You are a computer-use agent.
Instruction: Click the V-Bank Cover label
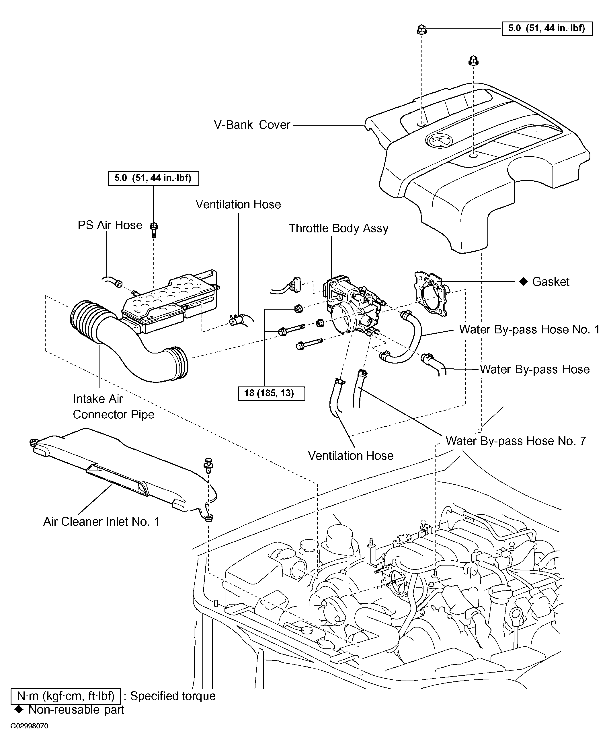(x=252, y=125)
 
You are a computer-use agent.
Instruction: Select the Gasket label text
(x=551, y=282)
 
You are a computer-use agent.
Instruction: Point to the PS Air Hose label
(x=110, y=225)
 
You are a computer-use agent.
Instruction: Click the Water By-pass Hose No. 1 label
(x=529, y=330)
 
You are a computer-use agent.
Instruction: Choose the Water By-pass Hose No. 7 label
(x=516, y=441)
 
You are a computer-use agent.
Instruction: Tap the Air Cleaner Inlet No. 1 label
(x=101, y=522)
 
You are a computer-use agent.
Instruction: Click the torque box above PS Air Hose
(x=153, y=178)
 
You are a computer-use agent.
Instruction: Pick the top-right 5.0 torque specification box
(x=547, y=28)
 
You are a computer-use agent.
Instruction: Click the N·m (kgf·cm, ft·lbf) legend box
(x=66, y=696)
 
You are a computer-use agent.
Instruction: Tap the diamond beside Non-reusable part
(x=19, y=710)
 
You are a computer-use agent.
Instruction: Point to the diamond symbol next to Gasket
(x=523, y=281)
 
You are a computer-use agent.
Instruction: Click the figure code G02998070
(x=29, y=726)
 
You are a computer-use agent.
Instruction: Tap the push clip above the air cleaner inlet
(x=208, y=464)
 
